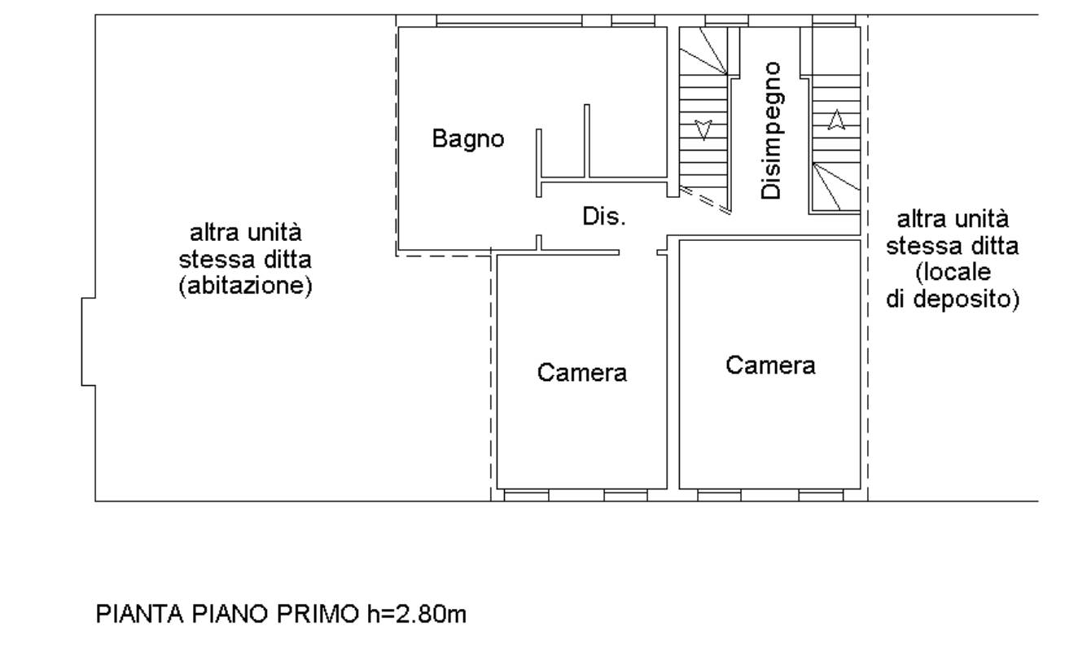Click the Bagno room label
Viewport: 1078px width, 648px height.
coord(468,140)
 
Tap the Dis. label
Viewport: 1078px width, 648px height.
coord(604,217)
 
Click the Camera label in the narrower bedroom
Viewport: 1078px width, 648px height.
coord(582,373)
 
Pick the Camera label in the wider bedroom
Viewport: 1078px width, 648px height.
coord(770,366)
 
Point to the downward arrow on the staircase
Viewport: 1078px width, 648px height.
coord(703,129)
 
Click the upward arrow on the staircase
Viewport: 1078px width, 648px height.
coord(836,120)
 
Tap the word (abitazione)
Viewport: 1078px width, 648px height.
coord(245,287)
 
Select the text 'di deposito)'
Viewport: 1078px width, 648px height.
coord(953,300)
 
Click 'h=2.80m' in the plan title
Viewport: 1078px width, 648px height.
coord(417,615)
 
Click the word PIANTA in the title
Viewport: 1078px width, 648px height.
coord(140,615)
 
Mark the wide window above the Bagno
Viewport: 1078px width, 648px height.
coord(509,20)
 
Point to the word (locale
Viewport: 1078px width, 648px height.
coord(953,273)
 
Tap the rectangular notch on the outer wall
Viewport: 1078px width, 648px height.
coord(89,342)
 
